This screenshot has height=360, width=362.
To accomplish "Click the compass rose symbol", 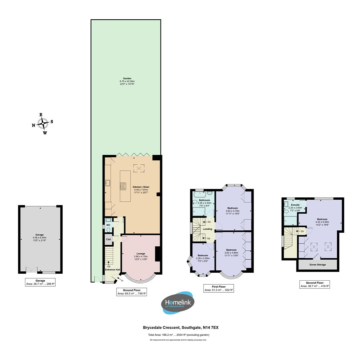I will pyautogui.click(x=43, y=124).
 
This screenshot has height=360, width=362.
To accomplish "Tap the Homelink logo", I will pyautogui.click(x=178, y=303).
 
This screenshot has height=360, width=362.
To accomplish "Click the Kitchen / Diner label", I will pyautogui.click(x=141, y=187).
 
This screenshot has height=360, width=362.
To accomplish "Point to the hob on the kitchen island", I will pyautogui.click(x=123, y=186).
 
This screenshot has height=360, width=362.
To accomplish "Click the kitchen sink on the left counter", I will pyautogui.click(x=108, y=183).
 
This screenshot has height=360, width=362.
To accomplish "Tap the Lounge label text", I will pyautogui.click(x=141, y=254).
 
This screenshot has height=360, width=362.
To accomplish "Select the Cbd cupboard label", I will pyautogui.click(x=108, y=239).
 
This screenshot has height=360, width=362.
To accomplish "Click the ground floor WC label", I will pyautogui.click(x=108, y=225).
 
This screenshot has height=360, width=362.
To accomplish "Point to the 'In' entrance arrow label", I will pyautogui.click(x=122, y=281).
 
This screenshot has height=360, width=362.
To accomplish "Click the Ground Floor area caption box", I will pyautogui.click(x=132, y=292).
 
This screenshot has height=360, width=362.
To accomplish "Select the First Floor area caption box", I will pyautogui.click(x=219, y=288).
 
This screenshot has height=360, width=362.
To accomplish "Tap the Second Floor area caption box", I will pyautogui.click(x=314, y=284).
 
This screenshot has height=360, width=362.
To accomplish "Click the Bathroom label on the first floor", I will pyautogui.click(x=204, y=200).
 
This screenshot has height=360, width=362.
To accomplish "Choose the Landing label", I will pyautogui.click(x=207, y=229).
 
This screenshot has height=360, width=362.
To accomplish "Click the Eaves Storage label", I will pyautogui.click(x=317, y=265).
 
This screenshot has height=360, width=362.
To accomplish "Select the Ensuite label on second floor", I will pyautogui.click(x=295, y=205).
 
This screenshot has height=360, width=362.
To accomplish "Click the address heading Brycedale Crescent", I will pyautogui.click(x=181, y=328).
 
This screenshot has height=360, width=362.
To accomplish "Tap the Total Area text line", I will pyautogui.click(x=179, y=335).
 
